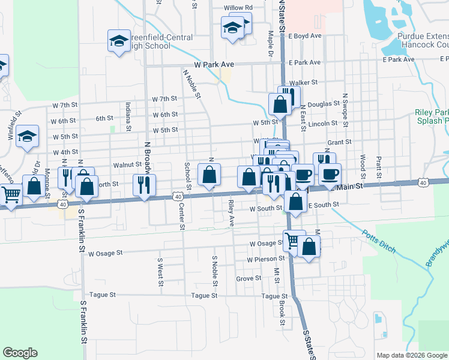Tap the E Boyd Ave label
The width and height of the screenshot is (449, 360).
tap(305, 36)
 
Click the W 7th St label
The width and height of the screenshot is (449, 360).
tap(164, 98)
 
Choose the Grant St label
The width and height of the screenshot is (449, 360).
tap(339, 143)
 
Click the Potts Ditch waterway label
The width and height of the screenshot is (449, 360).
tap(376, 239)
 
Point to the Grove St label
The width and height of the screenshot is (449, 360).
tap(249, 278)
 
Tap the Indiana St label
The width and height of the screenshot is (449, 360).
tap(128, 116)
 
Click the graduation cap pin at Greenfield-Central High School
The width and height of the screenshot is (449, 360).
tap(119, 41)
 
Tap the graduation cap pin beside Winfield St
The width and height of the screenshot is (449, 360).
tap(28, 136)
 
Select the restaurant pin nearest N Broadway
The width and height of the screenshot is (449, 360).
tap(144, 185)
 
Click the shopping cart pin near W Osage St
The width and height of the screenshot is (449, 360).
tap(293, 240)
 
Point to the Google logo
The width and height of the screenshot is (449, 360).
tap(20, 353)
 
